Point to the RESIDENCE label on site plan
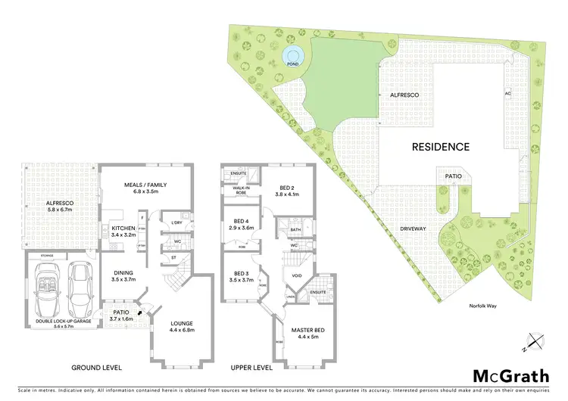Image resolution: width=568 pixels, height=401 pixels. click(x=441, y=147)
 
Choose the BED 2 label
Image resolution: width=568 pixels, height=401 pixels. click(x=287, y=190)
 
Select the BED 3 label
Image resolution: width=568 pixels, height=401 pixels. click(x=242, y=277)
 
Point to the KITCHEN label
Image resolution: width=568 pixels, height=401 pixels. click(x=123, y=230)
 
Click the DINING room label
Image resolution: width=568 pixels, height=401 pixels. click(x=123, y=277)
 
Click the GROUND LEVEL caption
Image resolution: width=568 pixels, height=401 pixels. click(x=96, y=367)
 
